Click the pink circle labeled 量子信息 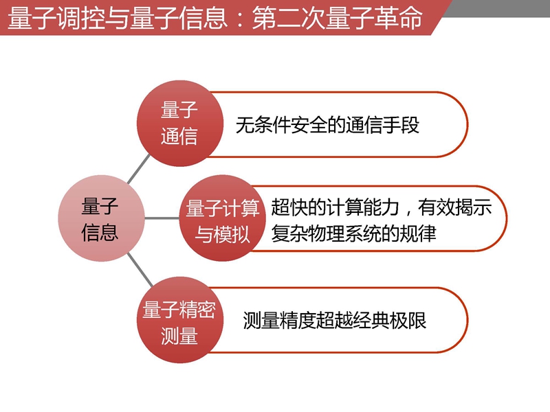[x=101, y=218]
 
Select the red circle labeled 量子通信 [x=180, y=124]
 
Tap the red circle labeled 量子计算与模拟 [x=222, y=218]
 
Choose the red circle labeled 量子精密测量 [x=180, y=320]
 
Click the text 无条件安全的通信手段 [x=327, y=125]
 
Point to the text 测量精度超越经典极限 [x=335, y=320]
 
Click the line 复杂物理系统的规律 [x=353, y=233]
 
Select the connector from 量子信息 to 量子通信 [x=139, y=169]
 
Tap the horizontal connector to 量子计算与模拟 [x=162, y=218]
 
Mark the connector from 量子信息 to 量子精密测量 [x=140, y=270]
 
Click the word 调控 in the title [x=81, y=18]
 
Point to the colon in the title [x=240, y=20]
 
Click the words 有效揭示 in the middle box [x=455, y=207]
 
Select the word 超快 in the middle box [x=289, y=207]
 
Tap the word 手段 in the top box [x=401, y=125]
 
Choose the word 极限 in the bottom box [x=408, y=320]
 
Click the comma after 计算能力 [x=408, y=212]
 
